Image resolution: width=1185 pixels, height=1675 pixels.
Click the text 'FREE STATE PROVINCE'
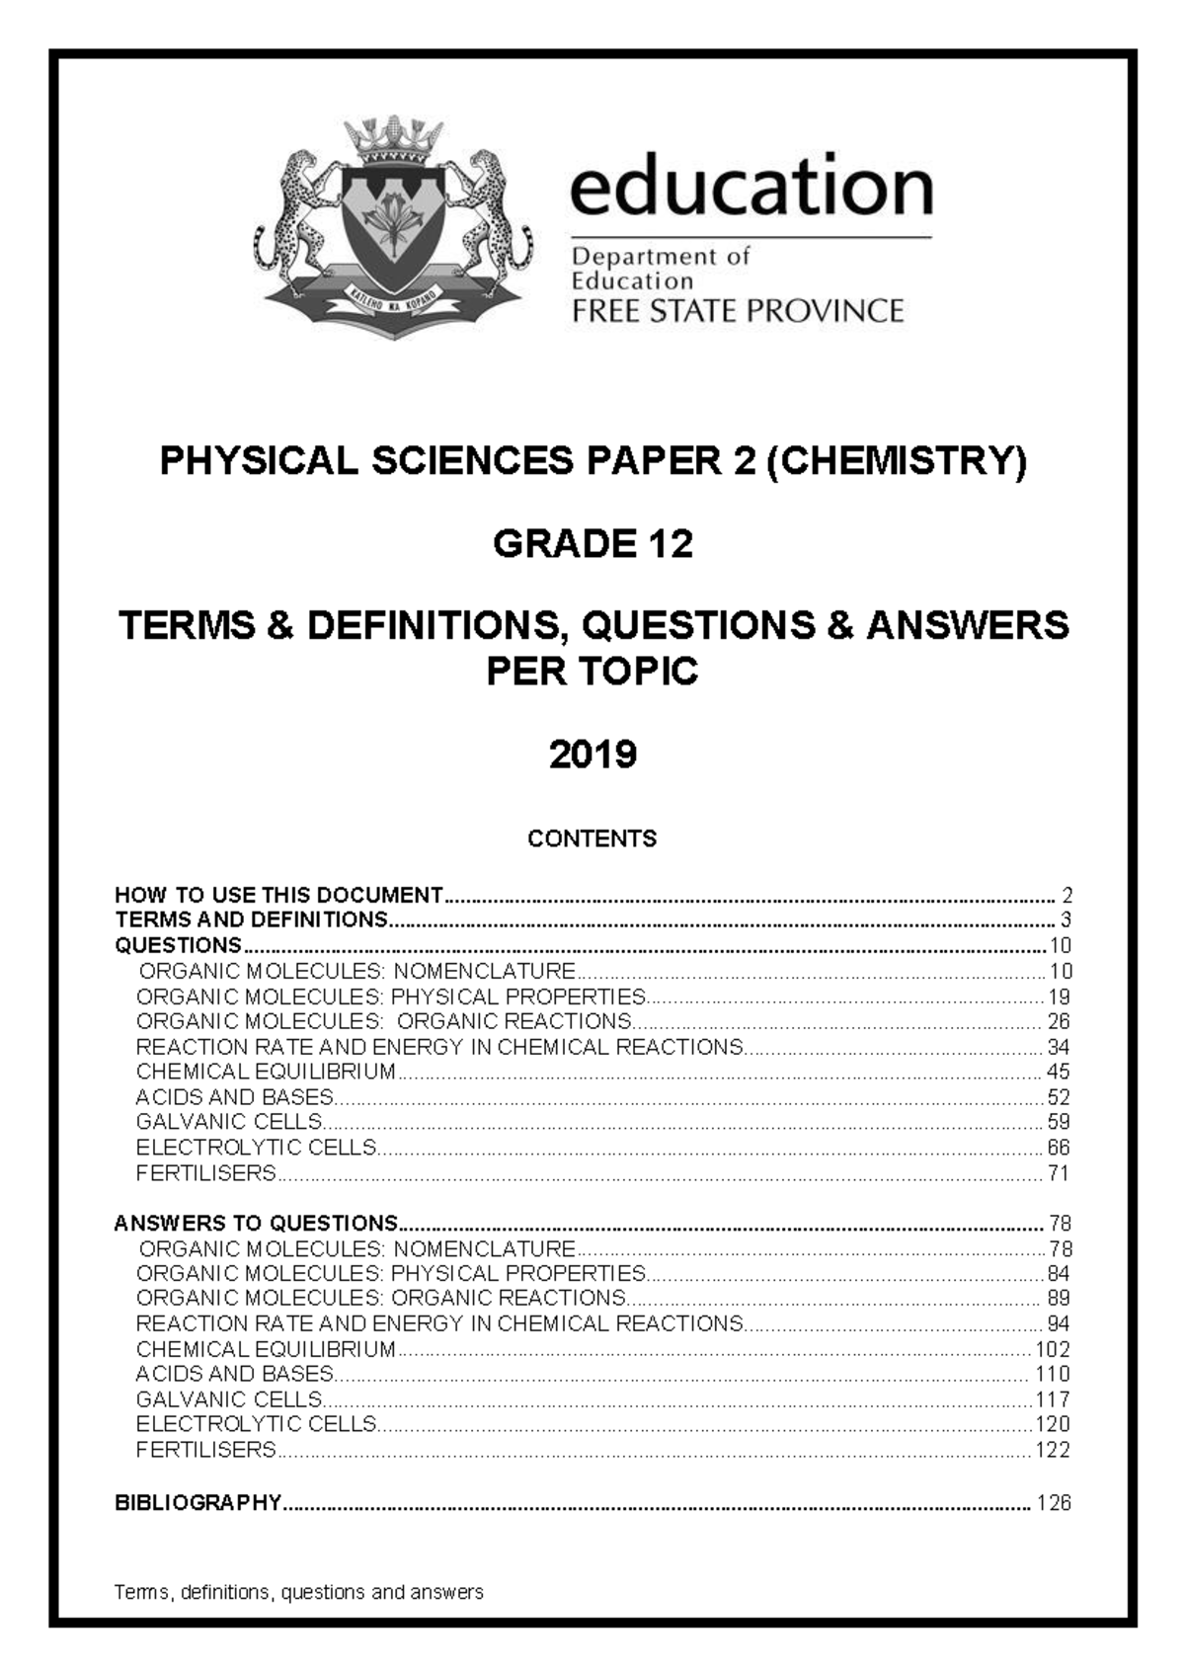point(738,312)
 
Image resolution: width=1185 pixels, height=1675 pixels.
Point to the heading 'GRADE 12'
point(592,544)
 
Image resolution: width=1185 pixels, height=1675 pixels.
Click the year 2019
point(592,756)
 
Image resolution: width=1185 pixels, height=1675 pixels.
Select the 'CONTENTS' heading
point(592,839)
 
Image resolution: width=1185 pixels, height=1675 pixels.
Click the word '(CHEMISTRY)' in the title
point(897,461)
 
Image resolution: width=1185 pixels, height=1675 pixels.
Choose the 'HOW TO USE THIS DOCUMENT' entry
point(278,896)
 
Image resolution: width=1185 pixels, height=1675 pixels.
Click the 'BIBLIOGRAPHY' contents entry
point(198,1503)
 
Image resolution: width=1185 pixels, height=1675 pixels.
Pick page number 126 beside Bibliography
point(1054,1503)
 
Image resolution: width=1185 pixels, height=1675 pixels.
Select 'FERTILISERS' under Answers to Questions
point(205,1450)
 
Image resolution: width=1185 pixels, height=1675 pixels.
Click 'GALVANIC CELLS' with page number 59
point(229,1122)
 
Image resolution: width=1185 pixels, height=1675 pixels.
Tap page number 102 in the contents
point(1053,1349)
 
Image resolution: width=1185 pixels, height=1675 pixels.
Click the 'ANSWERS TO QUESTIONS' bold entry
point(256,1224)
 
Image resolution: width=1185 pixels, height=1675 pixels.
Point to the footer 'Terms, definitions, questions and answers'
point(299,1592)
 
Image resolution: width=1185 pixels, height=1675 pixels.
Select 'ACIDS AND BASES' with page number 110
point(234,1374)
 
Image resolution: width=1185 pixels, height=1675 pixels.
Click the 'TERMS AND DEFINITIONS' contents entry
point(251,920)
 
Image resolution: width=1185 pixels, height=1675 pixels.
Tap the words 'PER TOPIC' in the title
point(592,672)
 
